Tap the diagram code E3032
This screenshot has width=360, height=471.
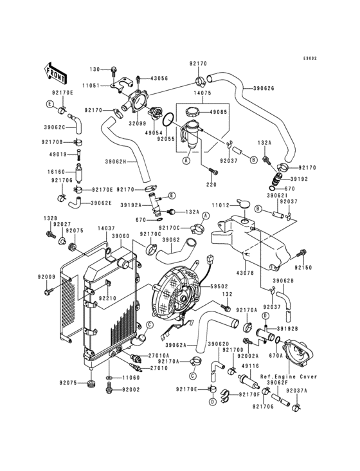[310, 59]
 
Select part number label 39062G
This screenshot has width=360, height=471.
[264, 88]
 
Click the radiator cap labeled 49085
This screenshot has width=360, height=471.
[192, 113]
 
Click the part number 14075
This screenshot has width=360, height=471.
[203, 93]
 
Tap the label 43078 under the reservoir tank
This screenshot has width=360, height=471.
[246, 273]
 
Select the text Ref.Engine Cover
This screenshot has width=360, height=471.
[288, 376]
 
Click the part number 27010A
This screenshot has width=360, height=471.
[159, 355]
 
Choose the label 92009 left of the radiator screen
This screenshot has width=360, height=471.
[46, 277]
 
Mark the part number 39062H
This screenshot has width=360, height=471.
[115, 162]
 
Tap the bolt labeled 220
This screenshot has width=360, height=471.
[213, 171]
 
